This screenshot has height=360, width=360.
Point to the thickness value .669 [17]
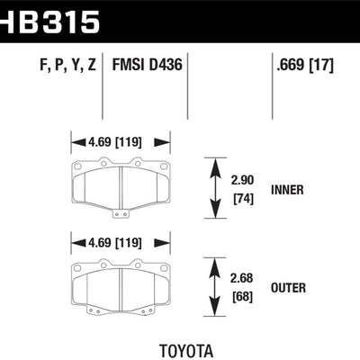pos(306,66)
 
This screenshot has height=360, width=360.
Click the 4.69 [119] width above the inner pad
pos(121,141)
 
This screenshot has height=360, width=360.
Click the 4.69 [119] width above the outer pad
pos(121,241)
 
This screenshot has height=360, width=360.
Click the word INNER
pos(287,191)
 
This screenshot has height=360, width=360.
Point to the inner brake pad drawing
pos(121,185)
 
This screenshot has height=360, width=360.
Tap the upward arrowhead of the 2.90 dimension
pos(215,164)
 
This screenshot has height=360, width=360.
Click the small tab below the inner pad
pos(121,214)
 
